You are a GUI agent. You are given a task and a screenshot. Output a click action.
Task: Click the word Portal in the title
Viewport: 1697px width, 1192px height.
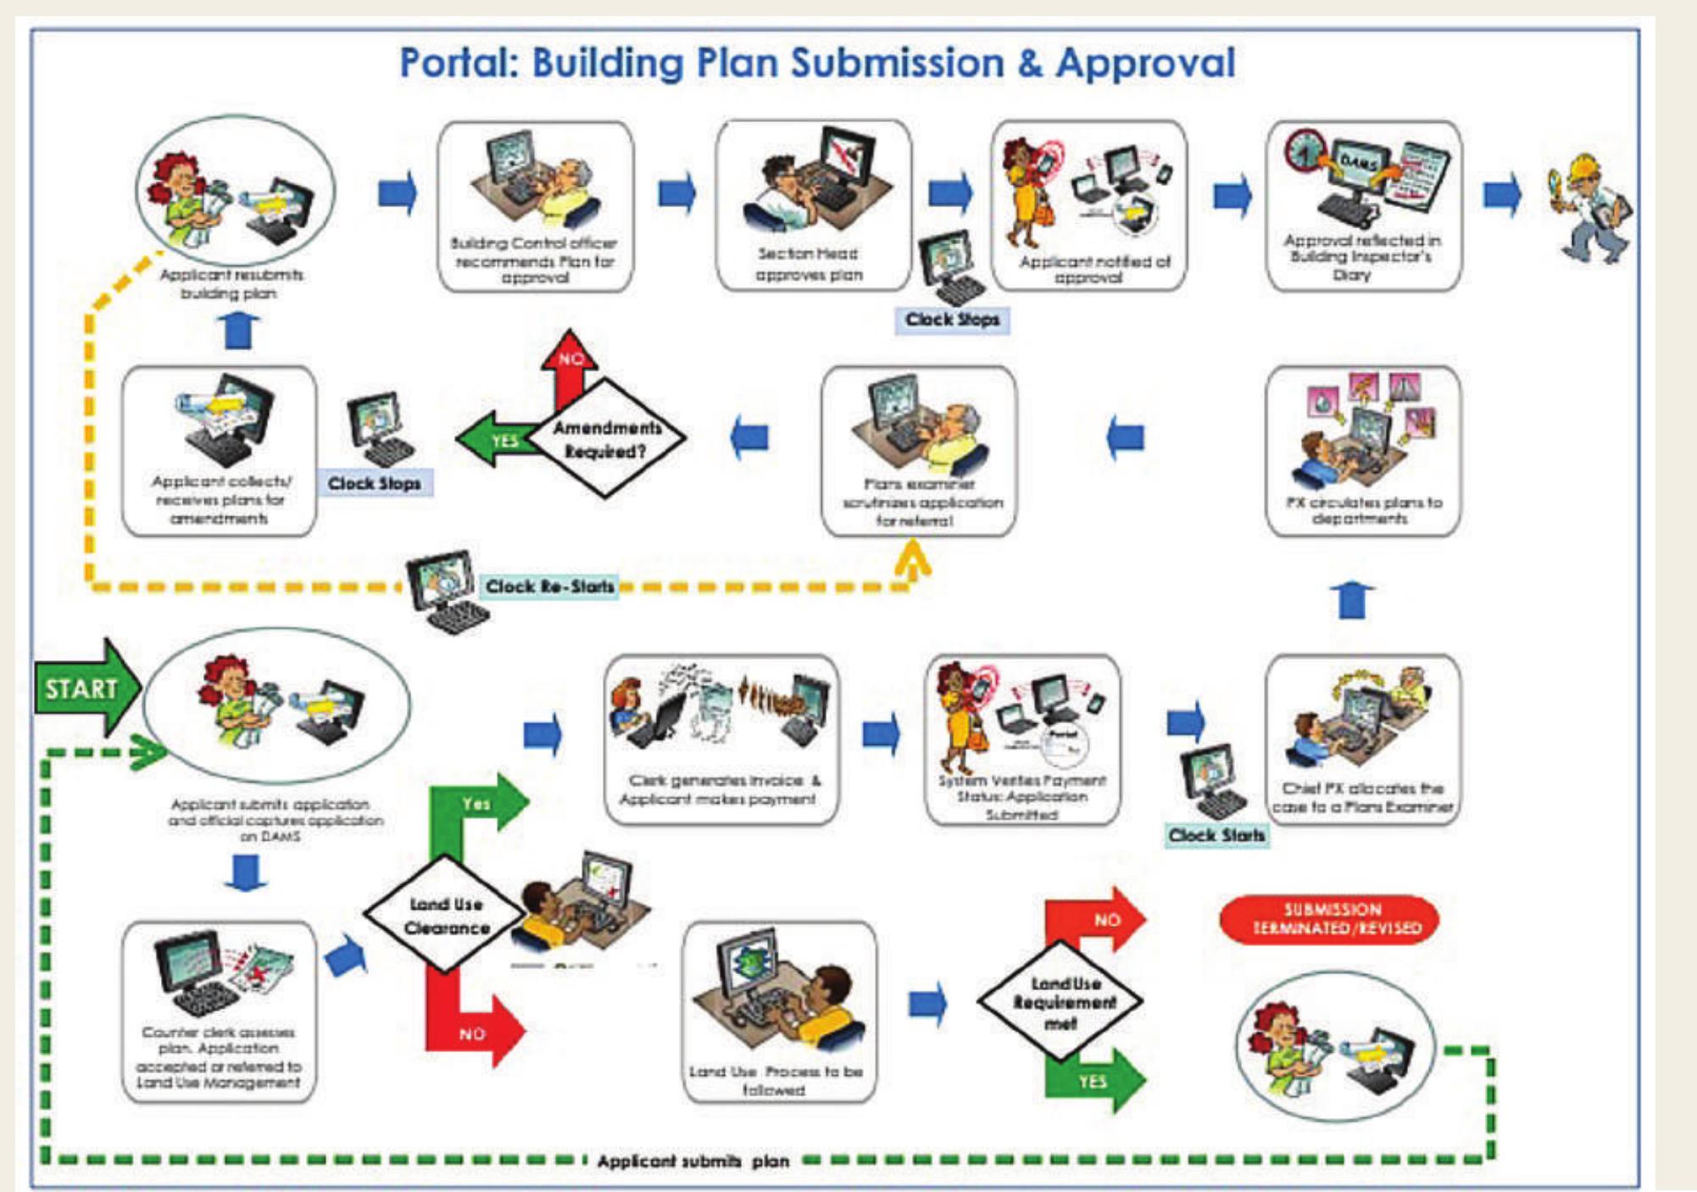coord(458,64)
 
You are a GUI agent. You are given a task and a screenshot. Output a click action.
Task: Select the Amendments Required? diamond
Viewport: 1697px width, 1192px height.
coord(606,439)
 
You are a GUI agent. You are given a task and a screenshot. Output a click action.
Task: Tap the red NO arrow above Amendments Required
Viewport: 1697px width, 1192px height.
coord(570,365)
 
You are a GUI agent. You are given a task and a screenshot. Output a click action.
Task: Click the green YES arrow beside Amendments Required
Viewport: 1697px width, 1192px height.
coord(500,439)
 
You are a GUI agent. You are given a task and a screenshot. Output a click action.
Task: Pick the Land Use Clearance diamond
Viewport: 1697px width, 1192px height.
coord(446,916)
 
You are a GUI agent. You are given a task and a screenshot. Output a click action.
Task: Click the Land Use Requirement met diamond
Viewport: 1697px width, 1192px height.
coord(1061,1002)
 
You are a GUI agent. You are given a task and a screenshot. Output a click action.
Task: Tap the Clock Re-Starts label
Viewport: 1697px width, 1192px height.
coord(549,587)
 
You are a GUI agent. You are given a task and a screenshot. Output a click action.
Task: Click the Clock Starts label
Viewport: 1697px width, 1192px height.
coord(1216,836)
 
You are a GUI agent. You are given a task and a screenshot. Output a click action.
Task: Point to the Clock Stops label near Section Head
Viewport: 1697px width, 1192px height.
coord(952,320)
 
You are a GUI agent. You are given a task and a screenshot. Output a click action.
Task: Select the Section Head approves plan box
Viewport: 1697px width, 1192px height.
coord(812,206)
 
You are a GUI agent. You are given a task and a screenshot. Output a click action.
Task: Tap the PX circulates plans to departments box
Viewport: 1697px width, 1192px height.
coord(1363,451)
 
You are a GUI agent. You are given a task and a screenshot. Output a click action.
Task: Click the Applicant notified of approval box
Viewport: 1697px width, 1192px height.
coord(1089,206)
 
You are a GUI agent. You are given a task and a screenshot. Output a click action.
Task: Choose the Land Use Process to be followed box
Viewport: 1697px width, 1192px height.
coord(778,1011)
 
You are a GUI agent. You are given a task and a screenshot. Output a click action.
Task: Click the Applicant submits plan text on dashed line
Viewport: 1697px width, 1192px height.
coord(693,1161)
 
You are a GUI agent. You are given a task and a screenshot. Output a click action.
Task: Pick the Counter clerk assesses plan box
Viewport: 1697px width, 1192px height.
coord(219,1011)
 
